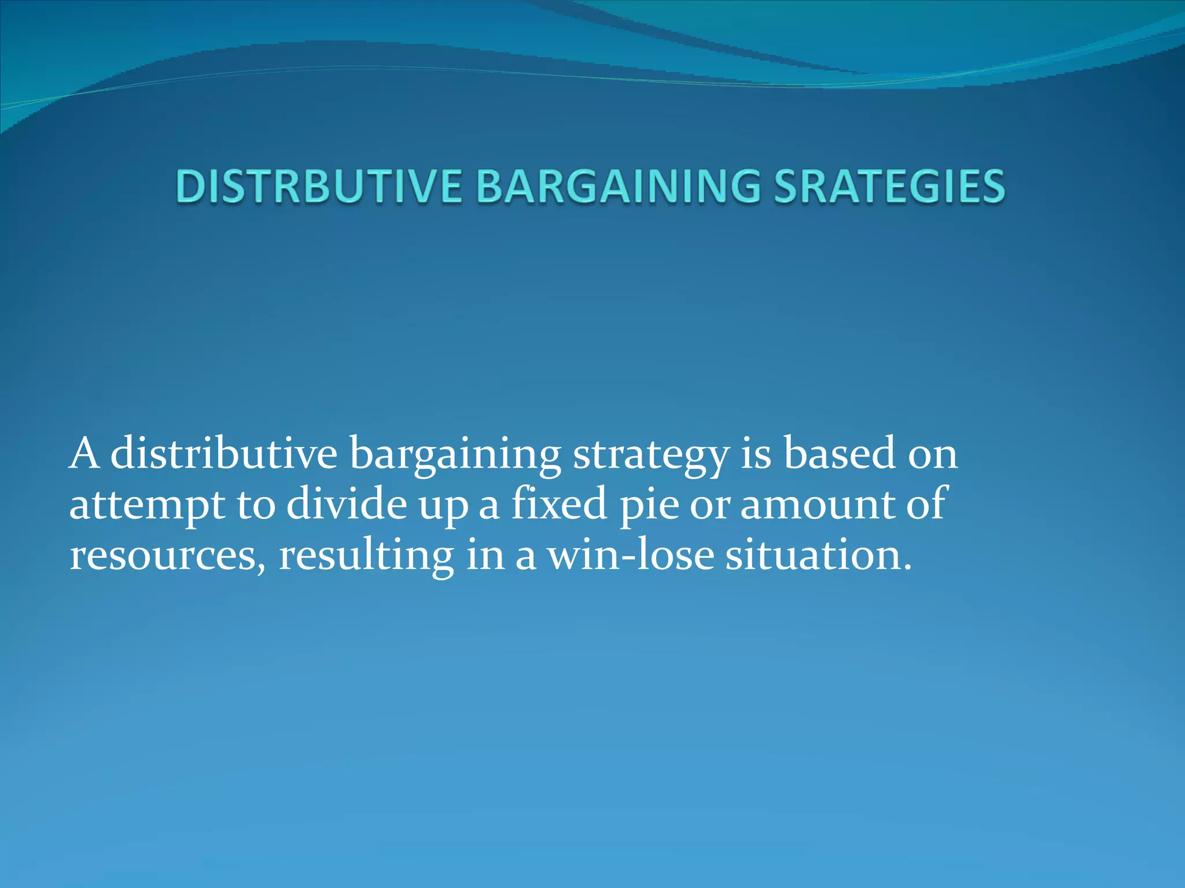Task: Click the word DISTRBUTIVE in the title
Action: click(319, 187)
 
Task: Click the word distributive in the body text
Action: click(223, 454)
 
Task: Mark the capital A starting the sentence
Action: click(84, 454)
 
